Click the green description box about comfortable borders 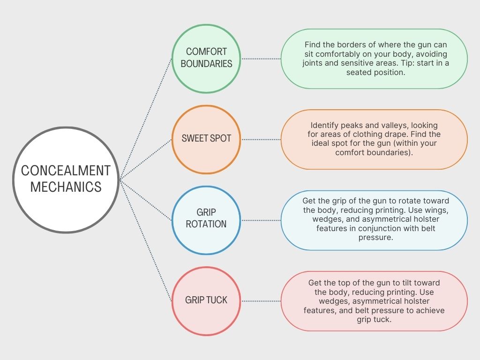(x=374, y=59)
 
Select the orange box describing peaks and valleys (x=374, y=139)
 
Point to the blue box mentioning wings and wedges (x=374, y=220)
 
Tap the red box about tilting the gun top (x=374, y=301)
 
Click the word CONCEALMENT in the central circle (x=66, y=170)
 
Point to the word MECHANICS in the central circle (x=66, y=187)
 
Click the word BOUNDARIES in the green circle (x=206, y=64)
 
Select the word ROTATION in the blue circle (x=206, y=224)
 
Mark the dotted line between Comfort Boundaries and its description (x=261, y=59)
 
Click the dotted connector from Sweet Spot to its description (x=261, y=139)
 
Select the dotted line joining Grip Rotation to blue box (x=261, y=220)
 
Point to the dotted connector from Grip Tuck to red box (x=261, y=300)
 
